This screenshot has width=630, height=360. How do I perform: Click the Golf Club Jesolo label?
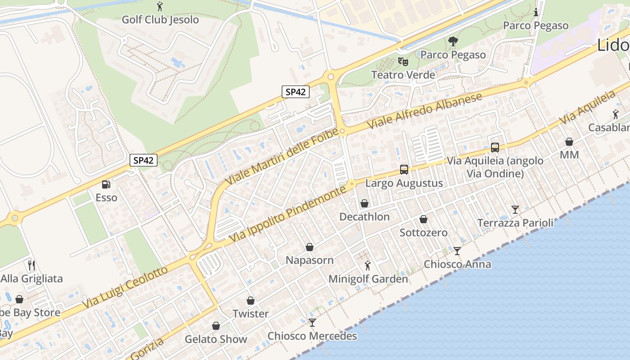click(x=160, y=20)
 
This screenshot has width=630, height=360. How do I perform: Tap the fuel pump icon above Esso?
click(x=106, y=184)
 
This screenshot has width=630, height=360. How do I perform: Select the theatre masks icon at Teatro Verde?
click(x=403, y=61)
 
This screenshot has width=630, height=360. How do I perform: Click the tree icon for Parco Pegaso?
click(x=453, y=42)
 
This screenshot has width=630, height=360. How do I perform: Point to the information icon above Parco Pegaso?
click(x=535, y=13)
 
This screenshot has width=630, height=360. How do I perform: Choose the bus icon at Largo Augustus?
click(x=404, y=170)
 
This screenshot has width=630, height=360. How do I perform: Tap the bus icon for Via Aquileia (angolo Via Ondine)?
click(x=495, y=147)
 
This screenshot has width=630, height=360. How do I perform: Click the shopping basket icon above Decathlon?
click(x=364, y=203)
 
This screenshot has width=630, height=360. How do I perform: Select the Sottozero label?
click(x=423, y=233)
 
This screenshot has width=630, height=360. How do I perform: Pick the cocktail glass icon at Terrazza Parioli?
click(x=515, y=210)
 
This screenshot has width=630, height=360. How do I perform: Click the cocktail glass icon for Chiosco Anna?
click(x=457, y=251)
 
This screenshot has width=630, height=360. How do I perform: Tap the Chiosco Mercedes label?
click(x=312, y=336)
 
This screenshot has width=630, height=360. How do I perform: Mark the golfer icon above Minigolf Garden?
click(x=368, y=265)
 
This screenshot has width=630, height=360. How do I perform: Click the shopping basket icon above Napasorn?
click(x=310, y=247)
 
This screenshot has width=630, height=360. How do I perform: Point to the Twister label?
click(x=251, y=314)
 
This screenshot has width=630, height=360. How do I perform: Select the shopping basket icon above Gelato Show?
click(x=216, y=326)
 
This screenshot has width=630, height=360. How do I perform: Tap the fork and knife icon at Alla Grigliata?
click(x=31, y=265)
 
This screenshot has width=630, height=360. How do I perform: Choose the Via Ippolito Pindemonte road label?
click(x=288, y=213)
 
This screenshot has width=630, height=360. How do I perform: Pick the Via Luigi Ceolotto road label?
click(x=125, y=287)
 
